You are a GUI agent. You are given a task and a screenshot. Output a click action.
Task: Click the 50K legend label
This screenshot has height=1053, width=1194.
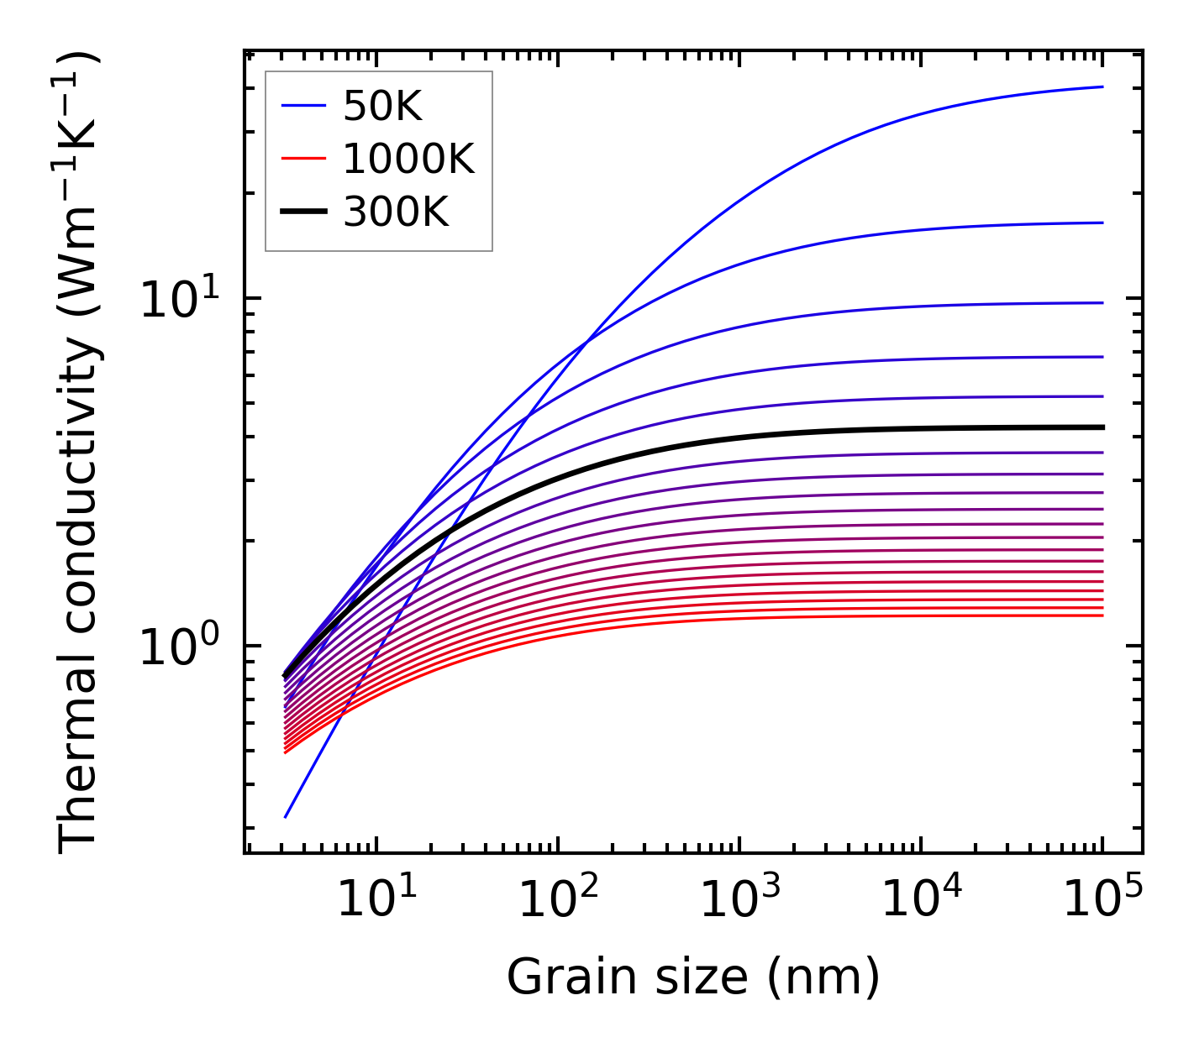[382, 107]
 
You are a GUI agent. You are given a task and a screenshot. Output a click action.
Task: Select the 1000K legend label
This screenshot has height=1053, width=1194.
[408, 160]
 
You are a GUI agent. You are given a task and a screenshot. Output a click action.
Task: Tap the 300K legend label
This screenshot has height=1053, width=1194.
[396, 213]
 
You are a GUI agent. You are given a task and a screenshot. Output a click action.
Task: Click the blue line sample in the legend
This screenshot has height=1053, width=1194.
[302, 107]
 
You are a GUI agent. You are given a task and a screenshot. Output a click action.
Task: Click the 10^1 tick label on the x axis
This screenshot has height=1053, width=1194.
[376, 900]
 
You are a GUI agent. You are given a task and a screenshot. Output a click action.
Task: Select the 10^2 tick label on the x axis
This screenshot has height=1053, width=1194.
[558, 900]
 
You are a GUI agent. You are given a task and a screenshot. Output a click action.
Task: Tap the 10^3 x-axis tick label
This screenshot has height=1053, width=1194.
[739, 900]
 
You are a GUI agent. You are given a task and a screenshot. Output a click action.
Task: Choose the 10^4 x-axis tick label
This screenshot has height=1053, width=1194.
[921, 900]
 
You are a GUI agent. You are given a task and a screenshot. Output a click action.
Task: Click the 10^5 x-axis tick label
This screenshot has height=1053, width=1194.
[1102, 900]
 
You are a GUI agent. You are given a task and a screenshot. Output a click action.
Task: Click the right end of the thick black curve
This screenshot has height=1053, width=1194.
[1102, 427]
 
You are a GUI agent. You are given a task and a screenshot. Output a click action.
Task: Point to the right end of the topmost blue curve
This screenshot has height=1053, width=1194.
[1102, 86]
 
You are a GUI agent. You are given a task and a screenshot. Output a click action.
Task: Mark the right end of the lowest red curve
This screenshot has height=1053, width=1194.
[1102, 616]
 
